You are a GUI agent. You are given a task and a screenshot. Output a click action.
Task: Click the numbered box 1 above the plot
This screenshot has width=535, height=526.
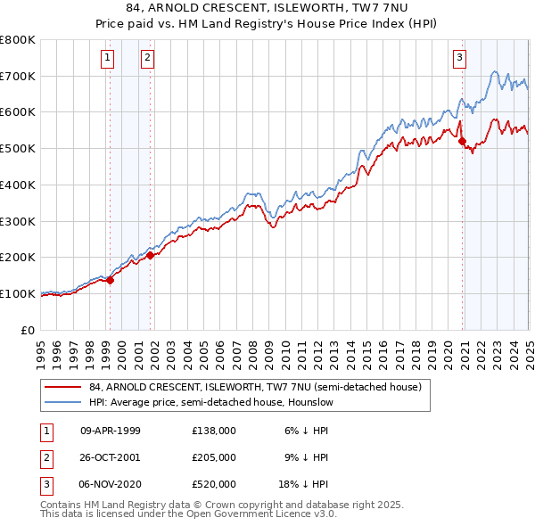click(x=107, y=59)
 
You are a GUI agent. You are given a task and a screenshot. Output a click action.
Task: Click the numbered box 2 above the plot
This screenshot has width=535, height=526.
click(x=147, y=59)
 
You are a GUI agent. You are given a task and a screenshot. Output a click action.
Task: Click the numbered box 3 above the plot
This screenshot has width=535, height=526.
click(x=460, y=59)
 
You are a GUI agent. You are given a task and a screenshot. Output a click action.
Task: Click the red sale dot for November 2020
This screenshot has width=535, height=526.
click(x=462, y=141)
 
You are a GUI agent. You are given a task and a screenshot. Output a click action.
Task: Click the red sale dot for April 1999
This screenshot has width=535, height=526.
click(x=111, y=280)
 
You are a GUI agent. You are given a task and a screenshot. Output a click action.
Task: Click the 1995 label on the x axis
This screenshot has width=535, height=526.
click(x=41, y=348)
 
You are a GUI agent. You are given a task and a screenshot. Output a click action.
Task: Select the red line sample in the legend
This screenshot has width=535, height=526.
click(x=64, y=387)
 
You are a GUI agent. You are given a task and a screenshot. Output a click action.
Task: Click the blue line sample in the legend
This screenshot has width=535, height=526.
click(x=64, y=402)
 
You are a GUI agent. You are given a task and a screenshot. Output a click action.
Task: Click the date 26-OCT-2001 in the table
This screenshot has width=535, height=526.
click(x=111, y=457)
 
